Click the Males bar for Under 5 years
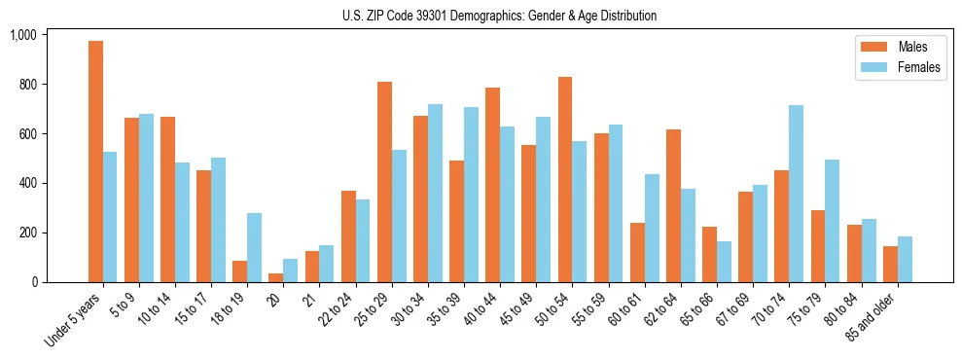[x=95, y=162]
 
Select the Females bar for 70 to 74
[x=796, y=194]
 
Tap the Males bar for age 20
[x=276, y=278]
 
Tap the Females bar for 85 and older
[x=905, y=259]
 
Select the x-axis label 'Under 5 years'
[x=75, y=317]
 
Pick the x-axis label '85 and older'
[x=872, y=313]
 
